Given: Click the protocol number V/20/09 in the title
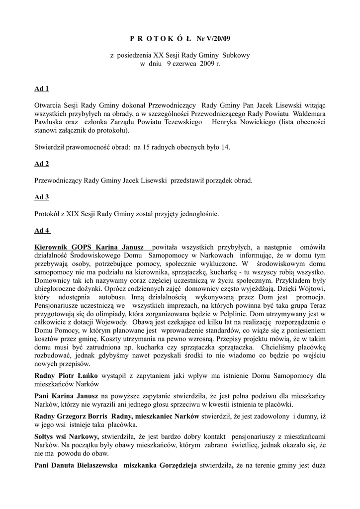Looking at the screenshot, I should (x=214, y=38).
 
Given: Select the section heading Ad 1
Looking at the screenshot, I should (x=41, y=89).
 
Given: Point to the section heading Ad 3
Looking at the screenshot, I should (x=41, y=197).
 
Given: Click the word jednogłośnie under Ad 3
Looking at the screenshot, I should (x=198, y=214).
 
